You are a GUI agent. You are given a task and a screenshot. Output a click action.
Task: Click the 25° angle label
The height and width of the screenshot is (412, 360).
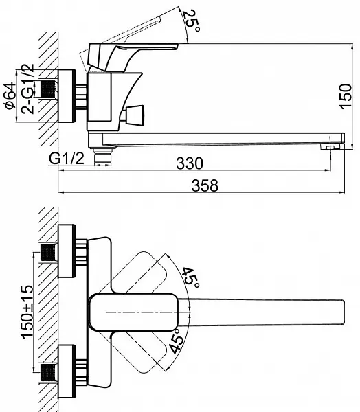coord(192,21)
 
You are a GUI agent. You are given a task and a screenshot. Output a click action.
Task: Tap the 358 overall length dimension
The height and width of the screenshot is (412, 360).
coord(205,185)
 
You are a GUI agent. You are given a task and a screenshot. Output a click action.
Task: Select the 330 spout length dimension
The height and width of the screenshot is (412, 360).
coord(190,163)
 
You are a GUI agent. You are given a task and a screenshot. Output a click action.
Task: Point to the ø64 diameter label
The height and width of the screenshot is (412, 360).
coord(10,95)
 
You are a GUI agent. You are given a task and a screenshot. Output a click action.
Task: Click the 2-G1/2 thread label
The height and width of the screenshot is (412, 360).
coord(28,89)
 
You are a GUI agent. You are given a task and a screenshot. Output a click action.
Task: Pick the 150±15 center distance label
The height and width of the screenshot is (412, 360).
coord(27,312)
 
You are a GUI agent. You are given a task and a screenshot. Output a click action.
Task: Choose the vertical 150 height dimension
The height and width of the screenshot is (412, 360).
coord(346,96)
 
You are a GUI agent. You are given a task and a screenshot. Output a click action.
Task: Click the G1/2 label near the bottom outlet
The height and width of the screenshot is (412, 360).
coord(67,159)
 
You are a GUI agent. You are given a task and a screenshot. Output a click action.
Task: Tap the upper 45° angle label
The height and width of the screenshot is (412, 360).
coord(191,277)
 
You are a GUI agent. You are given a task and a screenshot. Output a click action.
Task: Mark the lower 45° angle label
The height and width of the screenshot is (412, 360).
coord(177,341)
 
